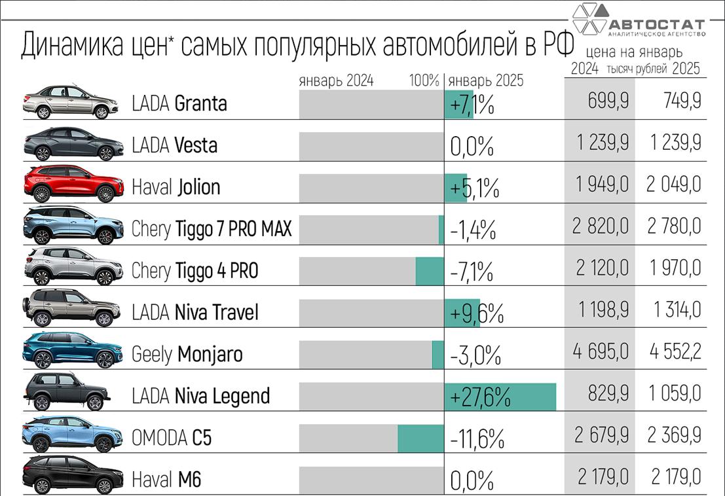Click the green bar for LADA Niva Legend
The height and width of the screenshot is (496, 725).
[500, 397]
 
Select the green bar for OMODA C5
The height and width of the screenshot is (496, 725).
[420, 438]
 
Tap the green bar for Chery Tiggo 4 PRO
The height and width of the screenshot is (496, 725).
[430, 271]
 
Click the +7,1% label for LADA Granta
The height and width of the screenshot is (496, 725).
[472, 105]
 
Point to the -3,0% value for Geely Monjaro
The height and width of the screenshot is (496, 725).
[475, 355]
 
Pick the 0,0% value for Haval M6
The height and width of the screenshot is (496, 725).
[472, 480]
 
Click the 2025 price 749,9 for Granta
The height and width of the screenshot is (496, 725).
[677, 103]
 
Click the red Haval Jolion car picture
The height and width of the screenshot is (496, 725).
[73, 185]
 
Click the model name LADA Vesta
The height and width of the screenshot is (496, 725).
[174, 145]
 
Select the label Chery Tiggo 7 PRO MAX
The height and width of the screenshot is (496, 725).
[212, 229]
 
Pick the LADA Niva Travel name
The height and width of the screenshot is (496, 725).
[195, 312]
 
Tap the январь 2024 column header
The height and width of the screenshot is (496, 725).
[336, 81]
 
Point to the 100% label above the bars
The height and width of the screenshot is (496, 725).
[424, 81]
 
